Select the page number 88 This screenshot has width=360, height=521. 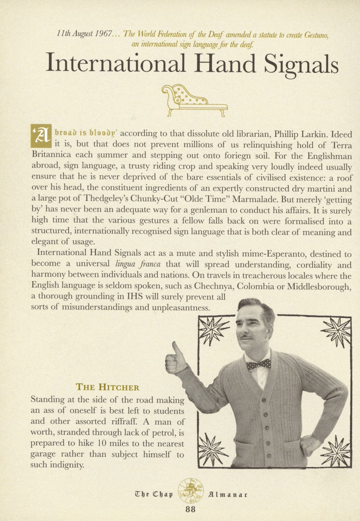190,509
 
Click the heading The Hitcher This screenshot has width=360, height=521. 107,388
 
